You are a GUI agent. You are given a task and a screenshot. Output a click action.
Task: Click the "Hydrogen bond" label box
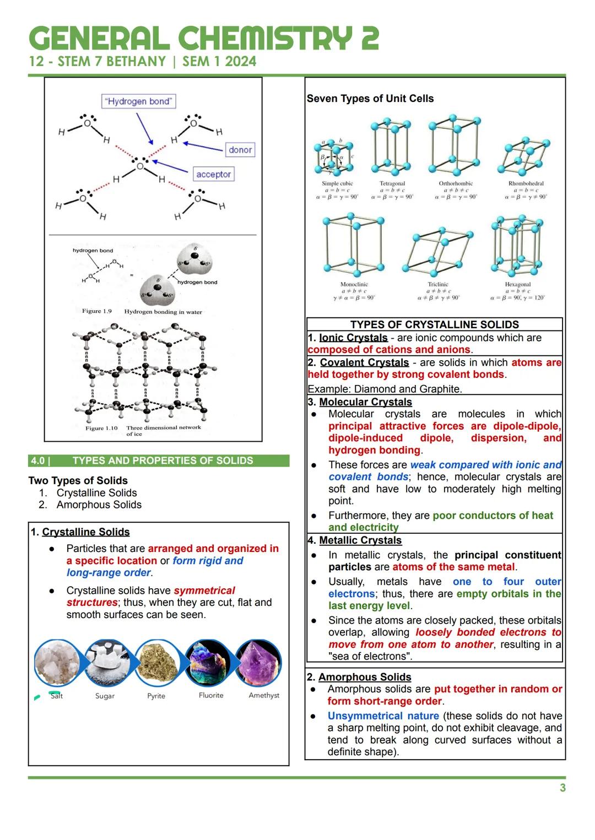tap(139, 101)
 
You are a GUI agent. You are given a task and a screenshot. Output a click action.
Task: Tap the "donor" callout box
tap(240, 150)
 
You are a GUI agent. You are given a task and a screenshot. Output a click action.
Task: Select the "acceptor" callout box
tap(213, 174)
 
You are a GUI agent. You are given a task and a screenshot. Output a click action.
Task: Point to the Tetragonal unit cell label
tap(392, 183)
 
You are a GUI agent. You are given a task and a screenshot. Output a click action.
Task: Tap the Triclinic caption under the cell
tap(438, 285)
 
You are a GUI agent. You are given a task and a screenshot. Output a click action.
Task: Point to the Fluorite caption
tap(211, 695)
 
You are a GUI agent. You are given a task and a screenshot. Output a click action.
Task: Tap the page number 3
tap(562, 788)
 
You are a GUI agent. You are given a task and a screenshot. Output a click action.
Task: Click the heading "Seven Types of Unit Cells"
tap(370, 99)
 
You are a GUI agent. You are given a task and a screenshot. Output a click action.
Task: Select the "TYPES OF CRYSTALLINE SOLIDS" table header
tap(435, 324)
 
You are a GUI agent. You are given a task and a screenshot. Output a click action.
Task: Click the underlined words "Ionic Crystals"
tap(353, 338)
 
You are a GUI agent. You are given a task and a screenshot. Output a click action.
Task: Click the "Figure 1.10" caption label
tap(101, 428)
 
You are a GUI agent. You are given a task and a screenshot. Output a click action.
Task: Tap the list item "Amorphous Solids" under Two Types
tap(99, 505)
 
